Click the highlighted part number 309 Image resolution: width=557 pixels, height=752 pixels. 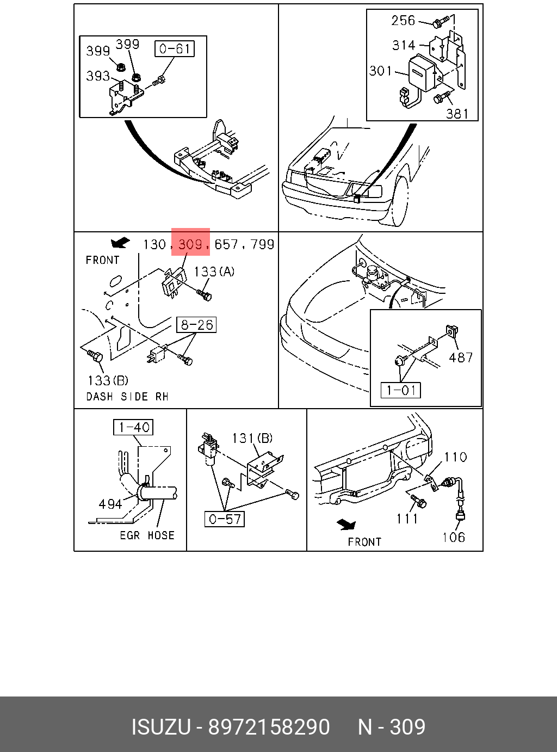[190, 244]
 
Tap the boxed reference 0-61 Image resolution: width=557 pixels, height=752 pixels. [174, 49]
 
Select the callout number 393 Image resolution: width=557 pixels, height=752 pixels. [98, 76]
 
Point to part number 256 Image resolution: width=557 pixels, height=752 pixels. [403, 21]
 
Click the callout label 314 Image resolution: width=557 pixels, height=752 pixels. [404, 45]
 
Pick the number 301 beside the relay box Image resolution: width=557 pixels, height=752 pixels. [381, 71]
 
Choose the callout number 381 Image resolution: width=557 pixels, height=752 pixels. [457, 113]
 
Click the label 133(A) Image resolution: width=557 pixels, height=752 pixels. [214, 271]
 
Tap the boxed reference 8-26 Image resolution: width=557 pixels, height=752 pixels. [196, 325]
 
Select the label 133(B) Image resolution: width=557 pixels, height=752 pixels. [108, 380]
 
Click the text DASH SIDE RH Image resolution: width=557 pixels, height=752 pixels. [127, 397]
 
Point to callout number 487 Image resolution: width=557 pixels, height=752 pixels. [461, 357]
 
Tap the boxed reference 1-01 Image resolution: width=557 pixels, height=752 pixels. [401, 390]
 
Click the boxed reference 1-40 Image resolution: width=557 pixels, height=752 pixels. [133, 427]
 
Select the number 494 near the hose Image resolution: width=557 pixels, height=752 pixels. [110, 504]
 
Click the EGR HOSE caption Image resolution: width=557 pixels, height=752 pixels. [147, 535]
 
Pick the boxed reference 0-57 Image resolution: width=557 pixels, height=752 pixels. [225, 519]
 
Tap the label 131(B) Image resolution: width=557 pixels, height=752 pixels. [252, 438]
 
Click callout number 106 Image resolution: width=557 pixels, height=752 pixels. [454, 538]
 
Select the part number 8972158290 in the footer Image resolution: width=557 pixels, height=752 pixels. [269, 727]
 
